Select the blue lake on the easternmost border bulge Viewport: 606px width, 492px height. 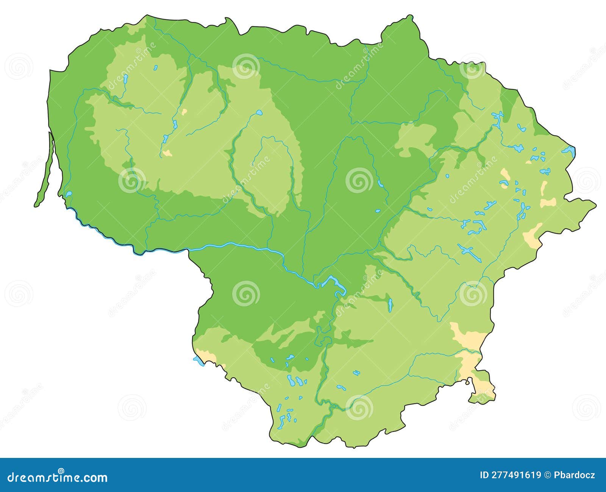tap(569, 150)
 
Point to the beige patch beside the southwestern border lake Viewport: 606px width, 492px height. tap(208, 356)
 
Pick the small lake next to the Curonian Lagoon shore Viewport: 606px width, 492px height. tap(69, 194)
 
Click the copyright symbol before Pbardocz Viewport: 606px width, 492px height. tap(547, 475)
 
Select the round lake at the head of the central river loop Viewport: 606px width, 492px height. tap(259, 112)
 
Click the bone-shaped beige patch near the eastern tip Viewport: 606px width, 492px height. tap(548, 202)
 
